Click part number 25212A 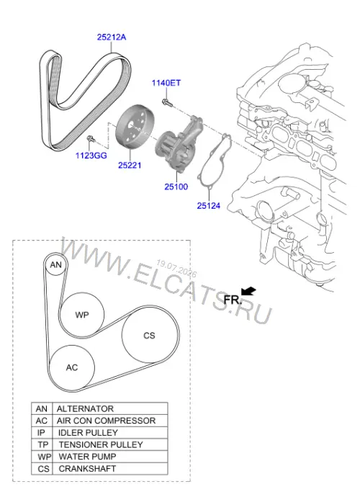pyautogui.click(x=112, y=37)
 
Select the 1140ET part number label pyautogui.click(x=166, y=83)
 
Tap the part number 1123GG pyautogui.click(x=91, y=156)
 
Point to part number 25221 pyautogui.click(x=130, y=165)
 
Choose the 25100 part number pyautogui.click(x=176, y=187)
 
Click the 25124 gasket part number pyautogui.click(x=209, y=206)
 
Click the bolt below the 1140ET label pyautogui.click(x=167, y=102)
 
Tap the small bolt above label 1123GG pyautogui.click(x=91, y=138)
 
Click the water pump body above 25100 pyautogui.click(x=179, y=143)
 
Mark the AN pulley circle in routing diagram pyautogui.click(x=56, y=265)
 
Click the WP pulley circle pyautogui.click(x=82, y=315)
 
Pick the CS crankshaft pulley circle pyautogui.click(x=149, y=336)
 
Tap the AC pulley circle pyautogui.click(x=72, y=367)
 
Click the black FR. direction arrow pyautogui.click(x=249, y=292)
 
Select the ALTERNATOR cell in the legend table pyautogui.click(x=110, y=408)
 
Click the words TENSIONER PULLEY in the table pyautogui.click(x=101, y=444)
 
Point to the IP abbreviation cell pyautogui.click(x=42, y=433)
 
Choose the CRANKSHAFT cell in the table pyautogui.click(x=110, y=468)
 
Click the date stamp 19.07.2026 pyautogui.click(x=176, y=269)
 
